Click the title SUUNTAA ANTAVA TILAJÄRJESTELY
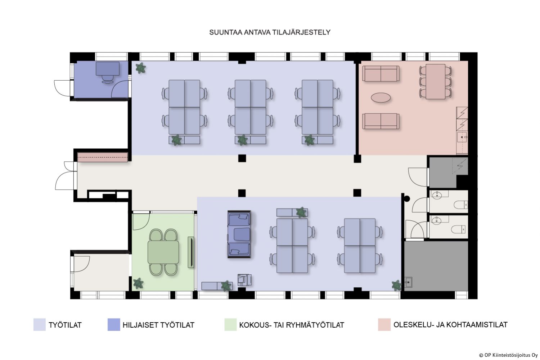(270, 32)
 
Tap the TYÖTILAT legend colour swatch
(40, 325)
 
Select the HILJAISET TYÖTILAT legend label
(158, 325)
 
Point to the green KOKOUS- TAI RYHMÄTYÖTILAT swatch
(230, 325)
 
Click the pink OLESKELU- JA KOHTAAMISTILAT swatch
(384, 325)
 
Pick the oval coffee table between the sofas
(381, 98)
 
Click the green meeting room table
(163, 252)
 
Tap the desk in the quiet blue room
(108, 68)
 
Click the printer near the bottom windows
(244, 280)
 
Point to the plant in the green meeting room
(138, 283)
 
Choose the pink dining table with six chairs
(435, 81)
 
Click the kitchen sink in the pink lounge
(462, 137)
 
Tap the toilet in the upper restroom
(461, 205)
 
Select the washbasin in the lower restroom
(437, 220)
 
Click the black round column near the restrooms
(407, 199)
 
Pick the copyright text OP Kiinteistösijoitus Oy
(508, 355)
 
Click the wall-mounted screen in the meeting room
(191, 252)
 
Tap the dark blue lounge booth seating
(239, 234)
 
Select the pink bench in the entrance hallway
(103, 157)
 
